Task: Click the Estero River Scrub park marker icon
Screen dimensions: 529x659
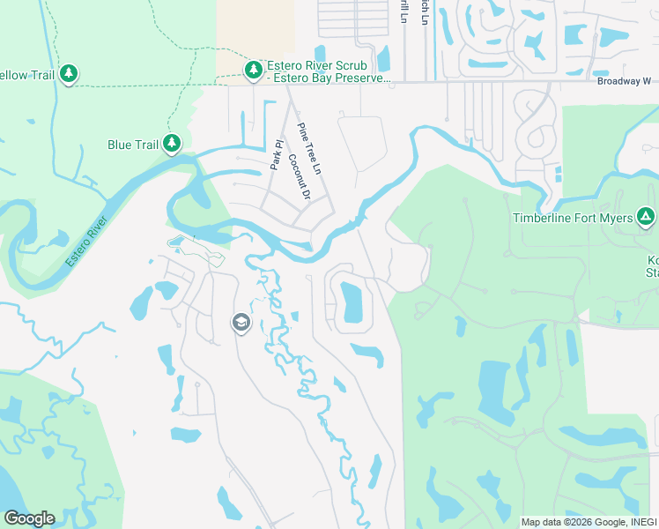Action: click(x=254, y=70)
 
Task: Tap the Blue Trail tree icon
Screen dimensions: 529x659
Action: click(x=173, y=143)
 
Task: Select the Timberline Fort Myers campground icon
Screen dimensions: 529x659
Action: click(x=646, y=216)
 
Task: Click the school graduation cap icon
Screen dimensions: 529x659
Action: click(x=241, y=324)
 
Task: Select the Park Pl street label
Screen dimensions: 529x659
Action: click(x=276, y=154)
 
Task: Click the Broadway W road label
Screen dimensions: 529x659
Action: click(x=624, y=80)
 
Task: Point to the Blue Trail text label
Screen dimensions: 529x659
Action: click(x=131, y=145)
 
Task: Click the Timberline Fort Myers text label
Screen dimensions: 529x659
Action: click(x=574, y=218)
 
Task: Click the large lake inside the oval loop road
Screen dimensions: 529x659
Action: click(x=352, y=302)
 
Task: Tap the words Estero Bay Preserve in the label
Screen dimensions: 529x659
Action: click(x=331, y=78)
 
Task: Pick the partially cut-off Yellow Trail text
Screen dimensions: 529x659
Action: click(x=26, y=75)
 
